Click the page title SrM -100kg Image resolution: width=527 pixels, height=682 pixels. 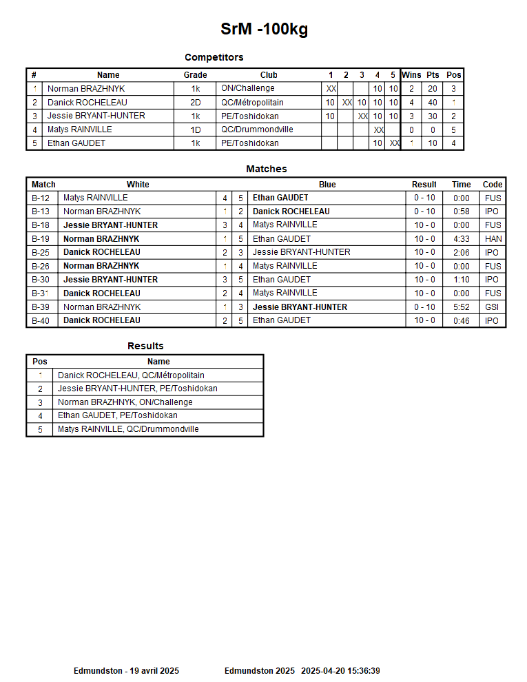(x=264, y=29)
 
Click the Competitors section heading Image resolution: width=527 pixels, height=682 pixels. (x=214, y=57)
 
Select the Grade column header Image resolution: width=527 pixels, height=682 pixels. (x=195, y=75)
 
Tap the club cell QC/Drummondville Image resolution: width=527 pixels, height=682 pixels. (x=257, y=130)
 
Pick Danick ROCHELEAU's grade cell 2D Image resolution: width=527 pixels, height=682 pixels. (x=195, y=103)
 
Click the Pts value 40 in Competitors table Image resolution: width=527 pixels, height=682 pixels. (x=432, y=103)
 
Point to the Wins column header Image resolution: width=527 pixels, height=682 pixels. (x=411, y=75)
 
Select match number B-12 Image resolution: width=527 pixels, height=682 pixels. (x=41, y=198)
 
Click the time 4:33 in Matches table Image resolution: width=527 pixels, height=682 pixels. (x=461, y=239)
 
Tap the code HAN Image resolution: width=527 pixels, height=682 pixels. (x=493, y=239)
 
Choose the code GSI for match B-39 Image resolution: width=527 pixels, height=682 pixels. (x=493, y=307)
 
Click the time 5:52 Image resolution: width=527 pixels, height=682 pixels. (x=461, y=307)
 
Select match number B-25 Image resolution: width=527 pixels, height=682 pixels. (x=41, y=253)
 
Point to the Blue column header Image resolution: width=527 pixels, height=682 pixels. (x=327, y=185)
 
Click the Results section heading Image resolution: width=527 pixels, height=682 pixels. (x=145, y=346)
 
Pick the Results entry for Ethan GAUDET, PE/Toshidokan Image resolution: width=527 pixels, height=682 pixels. (x=117, y=416)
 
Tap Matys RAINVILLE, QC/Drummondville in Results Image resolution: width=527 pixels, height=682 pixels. (x=128, y=429)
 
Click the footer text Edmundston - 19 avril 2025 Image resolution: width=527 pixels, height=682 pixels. (x=126, y=671)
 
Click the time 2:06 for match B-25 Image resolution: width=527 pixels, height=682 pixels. (x=461, y=253)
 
